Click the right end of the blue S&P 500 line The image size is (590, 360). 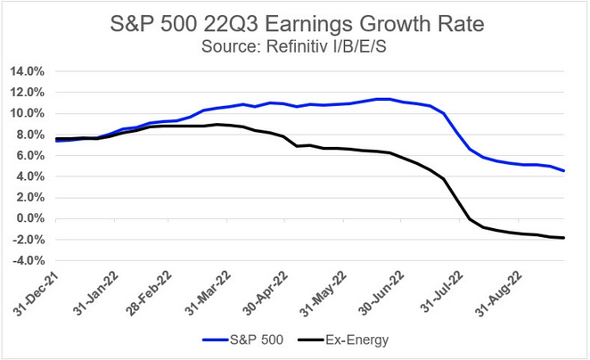pos(563,170)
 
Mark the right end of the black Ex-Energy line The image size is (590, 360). pos(563,237)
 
